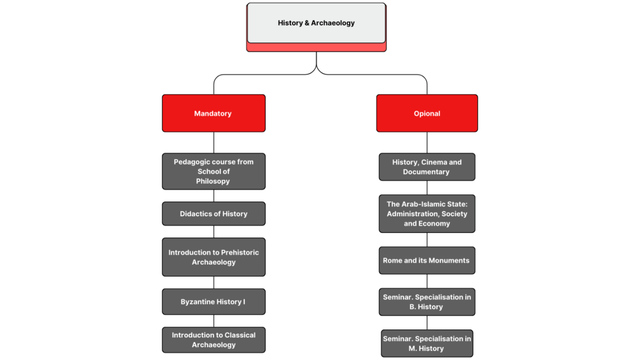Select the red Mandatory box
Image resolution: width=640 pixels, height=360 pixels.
click(x=214, y=113)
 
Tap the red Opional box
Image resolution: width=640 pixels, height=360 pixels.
click(x=427, y=113)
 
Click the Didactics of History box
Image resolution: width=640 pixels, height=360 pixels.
click(x=214, y=214)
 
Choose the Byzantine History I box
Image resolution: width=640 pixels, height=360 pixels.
click(x=214, y=302)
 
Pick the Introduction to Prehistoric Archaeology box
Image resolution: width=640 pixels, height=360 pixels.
click(x=214, y=257)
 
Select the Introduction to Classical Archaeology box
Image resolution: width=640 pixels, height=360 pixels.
click(x=214, y=340)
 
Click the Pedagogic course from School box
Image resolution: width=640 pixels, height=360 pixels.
click(x=214, y=172)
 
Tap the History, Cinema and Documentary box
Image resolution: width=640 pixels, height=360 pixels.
click(x=427, y=167)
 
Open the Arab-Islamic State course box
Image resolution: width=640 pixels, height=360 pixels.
click(x=427, y=214)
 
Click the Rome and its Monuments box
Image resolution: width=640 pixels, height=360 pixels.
click(x=427, y=261)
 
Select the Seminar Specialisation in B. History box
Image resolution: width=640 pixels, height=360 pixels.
click(x=427, y=302)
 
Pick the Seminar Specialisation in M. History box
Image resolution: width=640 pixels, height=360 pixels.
click(x=427, y=344)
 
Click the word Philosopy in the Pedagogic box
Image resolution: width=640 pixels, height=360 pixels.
click(x=213, y=181)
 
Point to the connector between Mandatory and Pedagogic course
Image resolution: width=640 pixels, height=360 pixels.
click(x=214, y=143)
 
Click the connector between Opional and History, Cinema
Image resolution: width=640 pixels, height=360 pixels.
click(x=427, y=143)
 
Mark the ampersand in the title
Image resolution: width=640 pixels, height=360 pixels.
click(x=307, y=23)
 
